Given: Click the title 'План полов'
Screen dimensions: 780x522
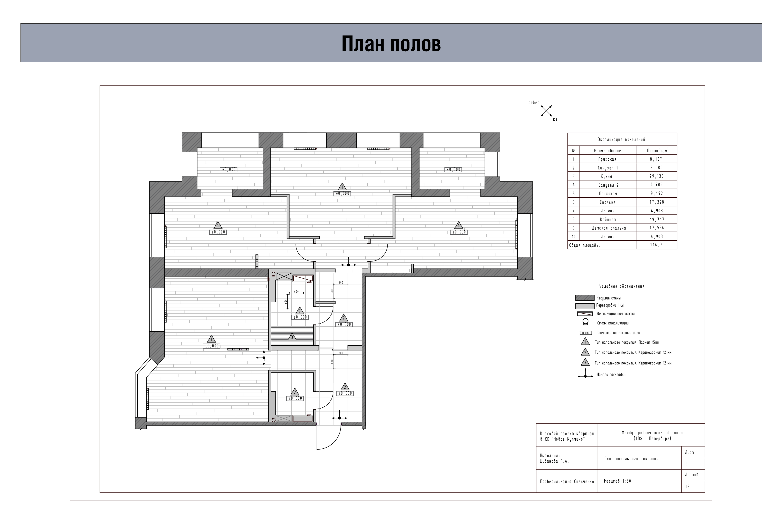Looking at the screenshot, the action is click(x=391, y=44).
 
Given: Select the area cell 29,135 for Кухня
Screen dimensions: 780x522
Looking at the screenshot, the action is click(x=656, y=176).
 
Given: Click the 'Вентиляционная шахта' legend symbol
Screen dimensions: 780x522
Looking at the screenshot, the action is click(x=585, y=314).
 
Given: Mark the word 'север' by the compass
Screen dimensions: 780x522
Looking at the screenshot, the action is click(x=534, y=103).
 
